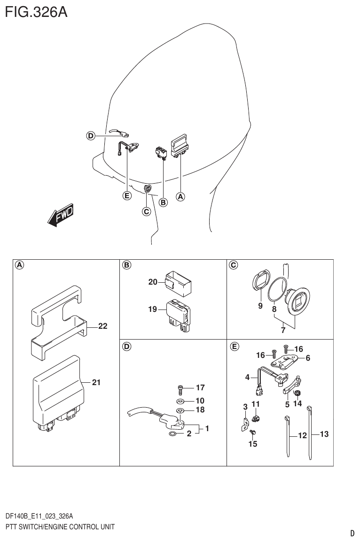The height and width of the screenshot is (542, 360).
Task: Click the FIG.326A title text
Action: coord(36,12)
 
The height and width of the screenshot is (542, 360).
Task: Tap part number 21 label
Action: coord(96,383)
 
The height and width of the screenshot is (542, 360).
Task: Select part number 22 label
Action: coord(102,326)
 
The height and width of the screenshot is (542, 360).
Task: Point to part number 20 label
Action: coord(152,282)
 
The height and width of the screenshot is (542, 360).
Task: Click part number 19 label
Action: coord(152,310)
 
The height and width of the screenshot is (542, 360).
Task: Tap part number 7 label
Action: coord(283,331)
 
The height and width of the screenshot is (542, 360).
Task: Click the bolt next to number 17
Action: coord(180,389)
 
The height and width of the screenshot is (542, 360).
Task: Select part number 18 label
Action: coord(200,410)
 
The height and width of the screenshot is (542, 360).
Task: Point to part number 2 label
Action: coord(189,434)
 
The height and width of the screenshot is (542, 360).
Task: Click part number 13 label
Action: coord(324,434)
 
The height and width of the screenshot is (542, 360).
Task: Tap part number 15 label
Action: coord(253,444)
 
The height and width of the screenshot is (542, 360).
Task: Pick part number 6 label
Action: coord(308,358)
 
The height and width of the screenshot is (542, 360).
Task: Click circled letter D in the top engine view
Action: coord(90,136)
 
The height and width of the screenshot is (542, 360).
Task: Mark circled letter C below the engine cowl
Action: coord(146,211)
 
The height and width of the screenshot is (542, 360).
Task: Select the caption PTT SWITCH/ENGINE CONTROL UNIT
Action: coord(60,527)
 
